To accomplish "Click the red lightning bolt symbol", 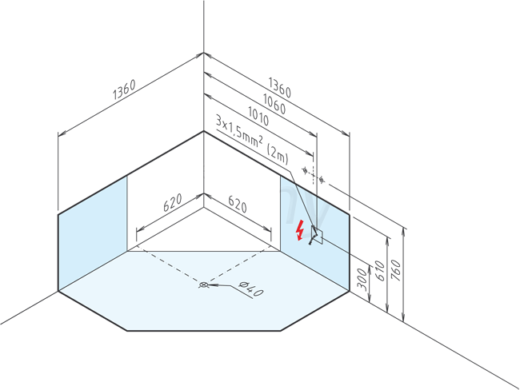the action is coord(300,229).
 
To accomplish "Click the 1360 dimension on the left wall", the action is coord(124,90).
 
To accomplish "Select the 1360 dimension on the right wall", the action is coord(279,88).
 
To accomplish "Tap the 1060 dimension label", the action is coord(274,104).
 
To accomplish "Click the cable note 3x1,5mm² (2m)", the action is coord(252,140).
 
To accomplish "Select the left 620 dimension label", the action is coord(173,202).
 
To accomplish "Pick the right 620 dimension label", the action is coord(238,204).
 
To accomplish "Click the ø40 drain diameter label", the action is coord(251,289).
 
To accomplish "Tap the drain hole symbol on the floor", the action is coord(203,285).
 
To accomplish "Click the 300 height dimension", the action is coord(364,280).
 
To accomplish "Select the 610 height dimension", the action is coord(380,271).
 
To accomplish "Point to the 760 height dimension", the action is coord(396,270).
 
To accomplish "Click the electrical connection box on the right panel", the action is coord(317,235).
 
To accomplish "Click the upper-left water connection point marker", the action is coord(305,170).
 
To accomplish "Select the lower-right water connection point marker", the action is coord(321,180).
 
